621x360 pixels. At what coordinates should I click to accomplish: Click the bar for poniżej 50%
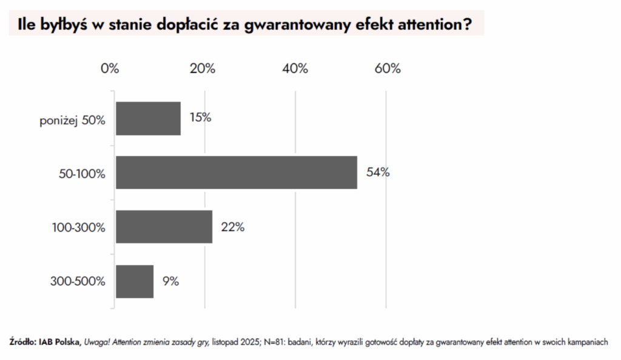click(x=148, y=118)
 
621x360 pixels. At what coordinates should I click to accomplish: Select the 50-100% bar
click(x=236, y=172)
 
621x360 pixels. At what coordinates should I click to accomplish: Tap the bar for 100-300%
click(x=164, y=227)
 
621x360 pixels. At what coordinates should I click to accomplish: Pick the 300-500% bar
click(x=135, y=281)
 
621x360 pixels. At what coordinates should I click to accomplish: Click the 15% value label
click(x=200, y=118)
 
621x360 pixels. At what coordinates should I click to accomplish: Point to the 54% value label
click(x=378, y=172)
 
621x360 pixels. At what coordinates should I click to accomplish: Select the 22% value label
click(x=232, y=227)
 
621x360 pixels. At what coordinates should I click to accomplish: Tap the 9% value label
click(x=170, y=281)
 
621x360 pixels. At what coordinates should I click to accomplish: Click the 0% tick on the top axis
click(x=110, y=68)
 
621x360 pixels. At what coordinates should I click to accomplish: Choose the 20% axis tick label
click(x=203, y=68)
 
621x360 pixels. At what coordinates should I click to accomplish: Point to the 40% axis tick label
click(x=295, y=68)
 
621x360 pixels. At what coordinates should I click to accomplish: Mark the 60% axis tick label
click(x=388, y=68)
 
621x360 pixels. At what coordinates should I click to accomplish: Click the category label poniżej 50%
click(x=73, y=121)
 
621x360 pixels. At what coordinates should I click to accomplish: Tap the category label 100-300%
click(x=79, y=228)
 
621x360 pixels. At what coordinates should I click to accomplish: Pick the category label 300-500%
click(x=79, y=282)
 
